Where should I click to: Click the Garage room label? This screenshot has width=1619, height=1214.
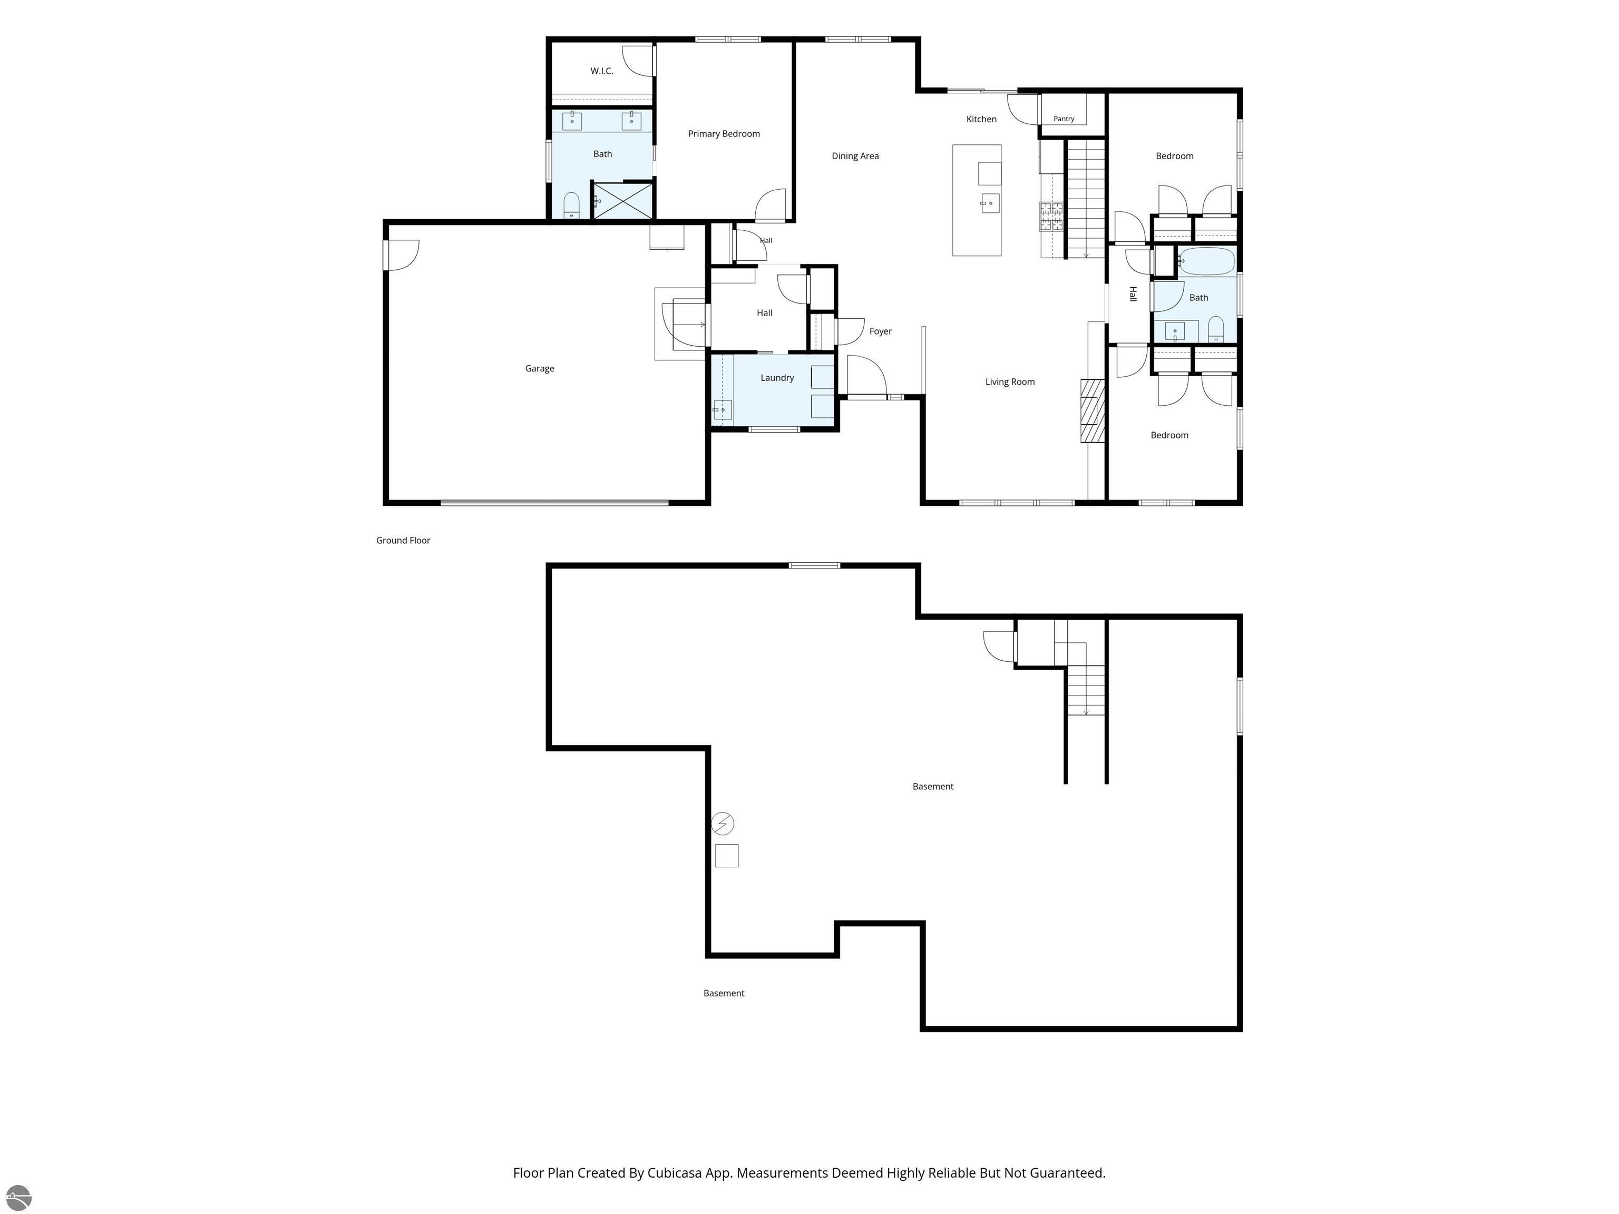(540, 369)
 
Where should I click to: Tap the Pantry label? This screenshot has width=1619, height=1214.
(1064, 119)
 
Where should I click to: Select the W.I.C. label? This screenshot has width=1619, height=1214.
(602, 71)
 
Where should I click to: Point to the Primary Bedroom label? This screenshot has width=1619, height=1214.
(724, 134)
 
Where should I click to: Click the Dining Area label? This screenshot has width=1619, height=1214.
(855, 156)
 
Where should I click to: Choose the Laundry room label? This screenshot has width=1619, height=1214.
(777, 378)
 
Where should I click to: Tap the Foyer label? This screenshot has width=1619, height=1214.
(881, 331)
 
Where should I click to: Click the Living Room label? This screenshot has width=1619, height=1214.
(1010, 382)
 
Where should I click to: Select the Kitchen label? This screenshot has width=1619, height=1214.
(981, 119)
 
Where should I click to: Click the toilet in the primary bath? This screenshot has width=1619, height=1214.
(572, 205)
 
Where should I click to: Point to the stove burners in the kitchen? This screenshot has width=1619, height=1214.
(1051, 217)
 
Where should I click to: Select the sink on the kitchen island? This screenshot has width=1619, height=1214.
(990, 203)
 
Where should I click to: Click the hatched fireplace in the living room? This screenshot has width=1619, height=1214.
(1093, 410)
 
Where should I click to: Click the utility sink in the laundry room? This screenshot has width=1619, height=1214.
(723, 410)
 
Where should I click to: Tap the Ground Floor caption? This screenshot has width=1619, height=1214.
(403, 541)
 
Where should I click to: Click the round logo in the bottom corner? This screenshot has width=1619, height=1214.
(18, 1198)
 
